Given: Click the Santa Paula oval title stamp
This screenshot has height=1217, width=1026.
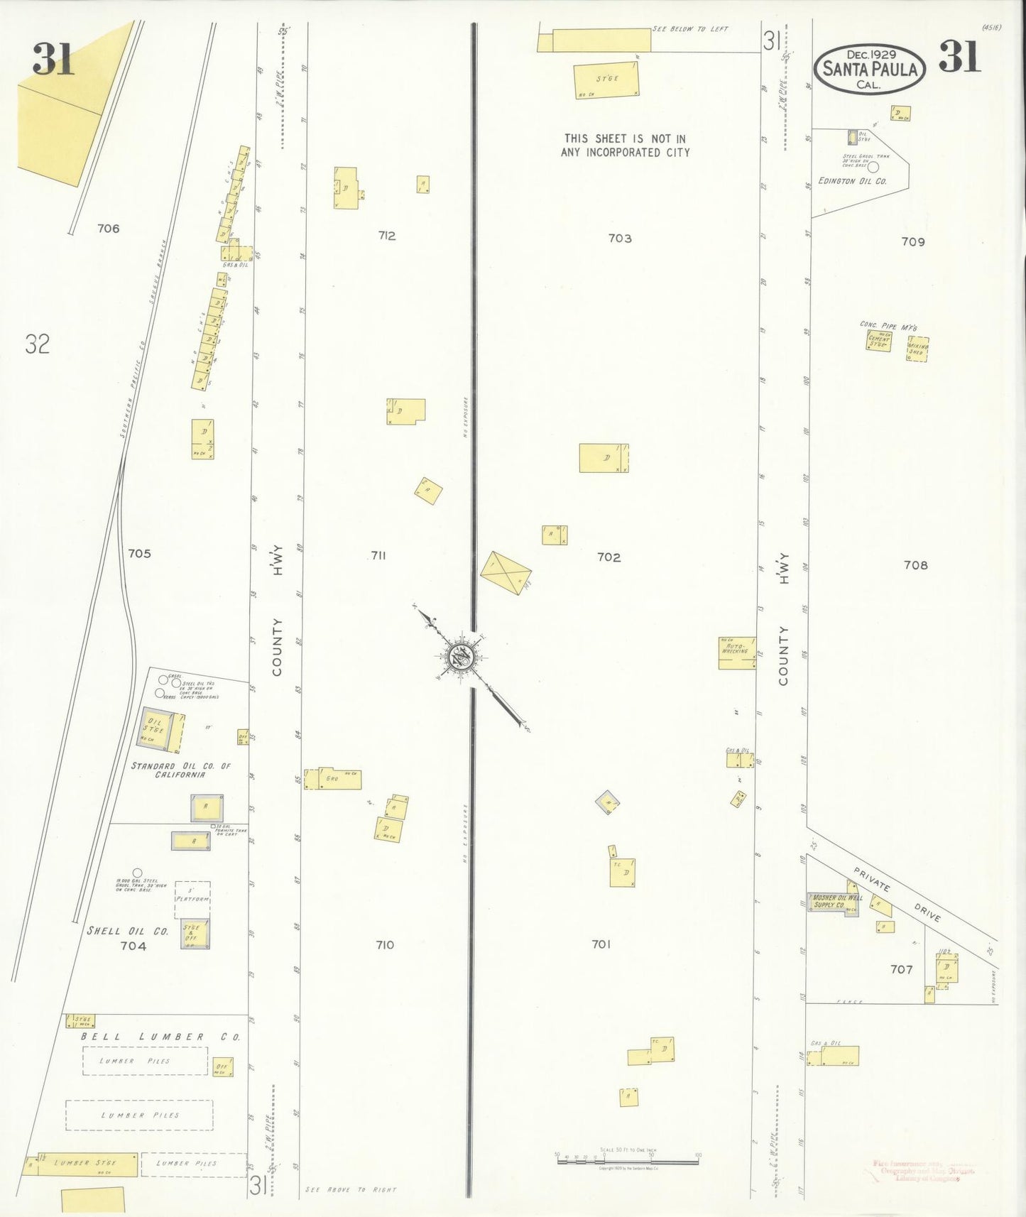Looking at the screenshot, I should click(x=869, y=69).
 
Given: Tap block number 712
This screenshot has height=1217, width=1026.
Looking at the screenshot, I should click(x=387, y=236).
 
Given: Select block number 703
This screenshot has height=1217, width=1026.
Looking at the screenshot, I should click(x=620, y=238).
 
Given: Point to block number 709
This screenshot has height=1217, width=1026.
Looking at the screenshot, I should click(x=913, y=241).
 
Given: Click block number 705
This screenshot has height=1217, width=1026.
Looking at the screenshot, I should click(x=139, y=553).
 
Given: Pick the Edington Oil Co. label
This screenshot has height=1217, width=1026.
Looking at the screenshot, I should click(x=852, y=181).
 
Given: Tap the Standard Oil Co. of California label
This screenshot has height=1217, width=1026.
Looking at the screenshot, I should click(x=180, y=770).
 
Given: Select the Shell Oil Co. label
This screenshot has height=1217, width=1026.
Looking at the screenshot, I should click(x=127, y=931).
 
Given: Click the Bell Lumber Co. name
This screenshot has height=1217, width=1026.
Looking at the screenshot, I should click(x=160, y=1037).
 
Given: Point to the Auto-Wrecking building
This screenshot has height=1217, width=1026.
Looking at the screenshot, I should click(x=737, y=653).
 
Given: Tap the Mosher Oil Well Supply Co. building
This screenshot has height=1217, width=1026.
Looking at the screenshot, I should click(x=832, y=903).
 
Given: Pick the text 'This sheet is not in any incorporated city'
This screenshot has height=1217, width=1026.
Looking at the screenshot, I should click(x=625, y=146).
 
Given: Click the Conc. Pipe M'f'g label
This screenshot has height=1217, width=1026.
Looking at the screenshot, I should click(x=888, y=326).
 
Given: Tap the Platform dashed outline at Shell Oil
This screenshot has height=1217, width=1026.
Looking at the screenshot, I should click(x=192, y=899).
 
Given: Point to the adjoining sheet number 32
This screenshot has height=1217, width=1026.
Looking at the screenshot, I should click(x=38, y=344).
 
